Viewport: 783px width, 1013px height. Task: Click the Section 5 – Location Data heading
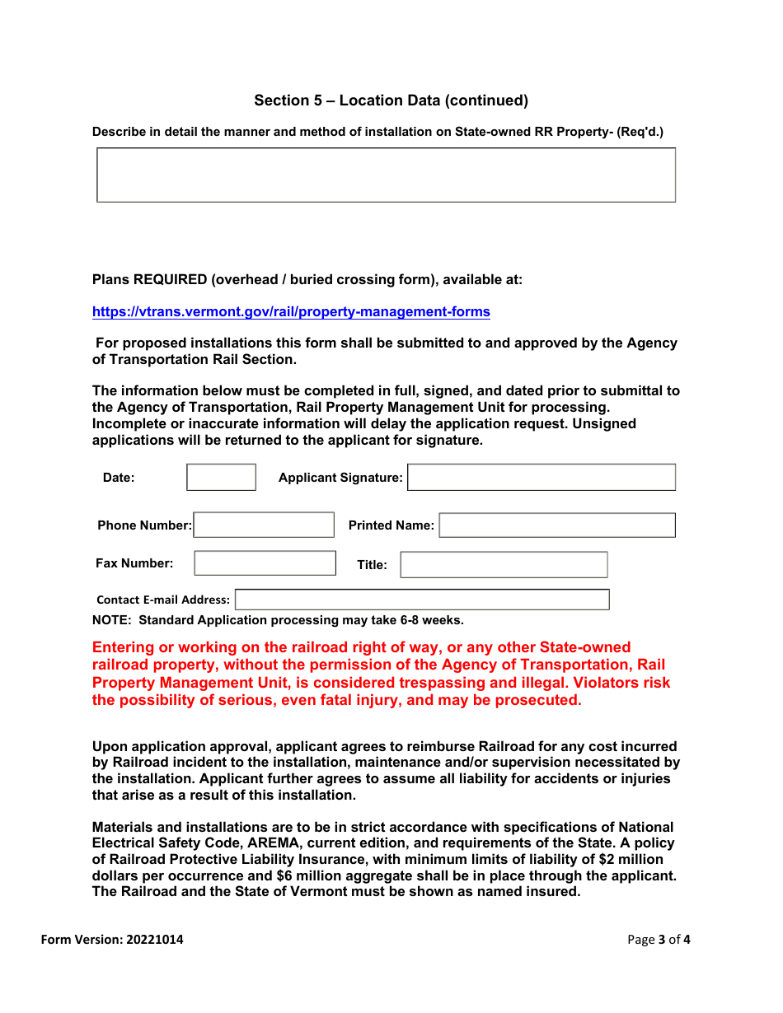click(391, 100)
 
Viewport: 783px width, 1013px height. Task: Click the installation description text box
click(386, 175)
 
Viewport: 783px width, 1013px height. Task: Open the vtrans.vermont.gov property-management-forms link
click(291, 311)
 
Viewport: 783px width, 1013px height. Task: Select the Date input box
click(221, 477)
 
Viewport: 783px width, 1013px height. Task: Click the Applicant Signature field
click(542, 477)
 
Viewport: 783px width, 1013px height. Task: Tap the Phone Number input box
click(264, 525)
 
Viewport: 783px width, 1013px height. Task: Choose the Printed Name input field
click(557, 525)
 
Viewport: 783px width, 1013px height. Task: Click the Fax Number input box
click(265, 563)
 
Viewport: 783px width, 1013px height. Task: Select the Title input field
click(504, 564)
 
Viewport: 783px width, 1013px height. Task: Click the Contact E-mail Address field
click(422, 600)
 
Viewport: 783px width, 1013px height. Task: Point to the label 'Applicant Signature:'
click(340, 478)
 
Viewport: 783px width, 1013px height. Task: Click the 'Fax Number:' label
click(134, 563)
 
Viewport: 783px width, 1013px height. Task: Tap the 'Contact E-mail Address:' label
click(163, 600)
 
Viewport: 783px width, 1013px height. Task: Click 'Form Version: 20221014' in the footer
click(112, 940)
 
